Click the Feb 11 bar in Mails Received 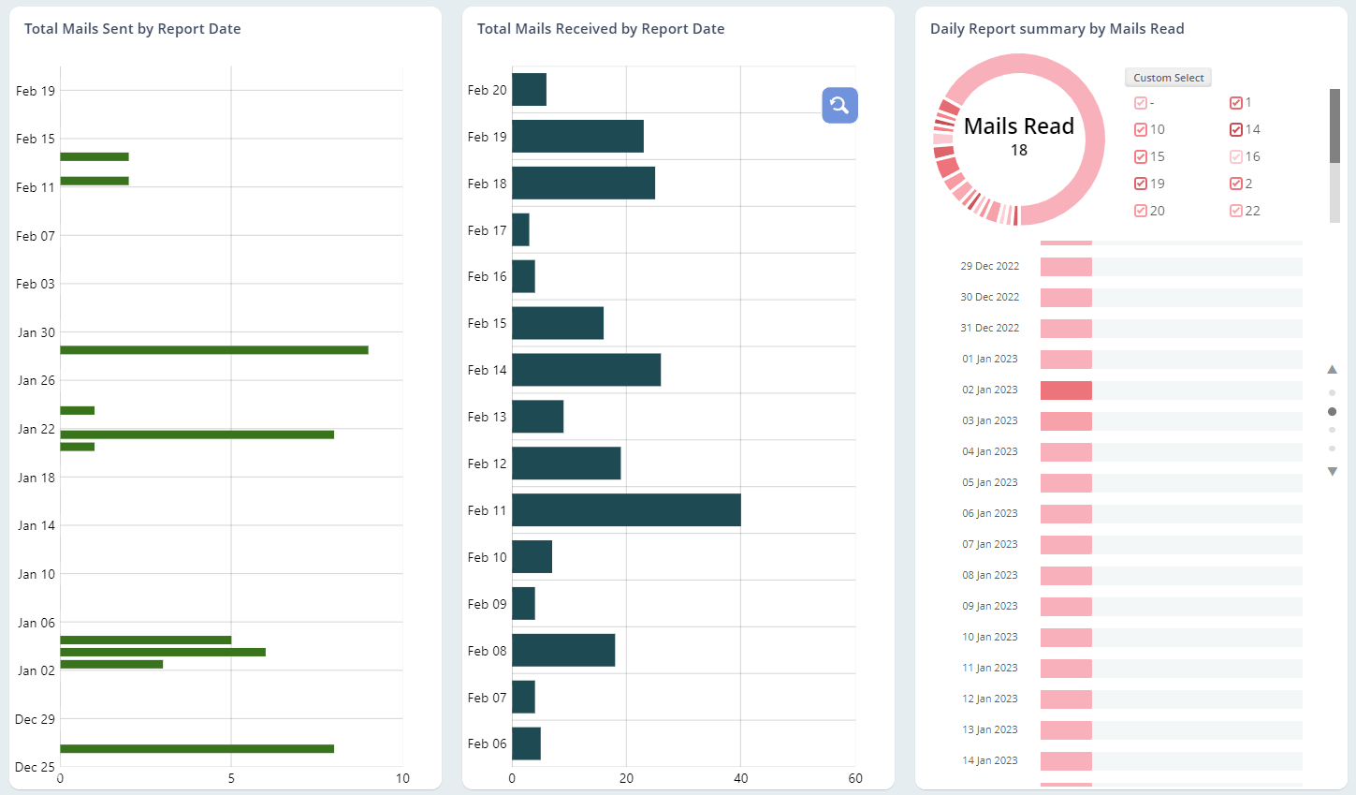click(625, 510)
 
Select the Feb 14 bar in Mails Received click(586, 370)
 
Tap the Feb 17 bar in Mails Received click(520, 229)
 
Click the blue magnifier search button click(839, 105)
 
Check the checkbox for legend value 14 click(1236, 130)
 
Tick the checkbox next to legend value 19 click(1141, 184)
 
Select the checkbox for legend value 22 click(1236, 212)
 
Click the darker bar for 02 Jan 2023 click(1066, 390)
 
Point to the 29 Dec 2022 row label click(989, 266)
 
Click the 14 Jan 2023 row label click(989, 760)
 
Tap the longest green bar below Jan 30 click(213, 350)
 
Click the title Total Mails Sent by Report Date click(132, 29)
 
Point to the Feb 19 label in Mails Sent click(36, 91)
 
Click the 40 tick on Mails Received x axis click(740, 778)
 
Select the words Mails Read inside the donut click(1018, 126)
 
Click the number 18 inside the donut click(1018, 151)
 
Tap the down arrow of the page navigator click(1332, 472)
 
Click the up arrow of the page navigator click(1332, 370)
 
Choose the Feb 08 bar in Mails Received click(562, 651)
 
